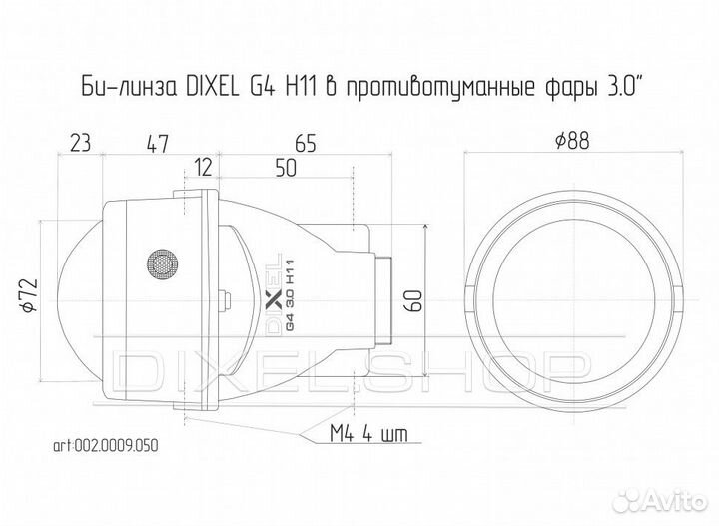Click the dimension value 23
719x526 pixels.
(81, 143)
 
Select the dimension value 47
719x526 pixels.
(155, 143)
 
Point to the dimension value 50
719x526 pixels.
(285, 169)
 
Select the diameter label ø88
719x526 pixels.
(570, 142)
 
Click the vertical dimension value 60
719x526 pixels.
(414, 300)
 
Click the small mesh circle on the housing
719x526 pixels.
(160, 263)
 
